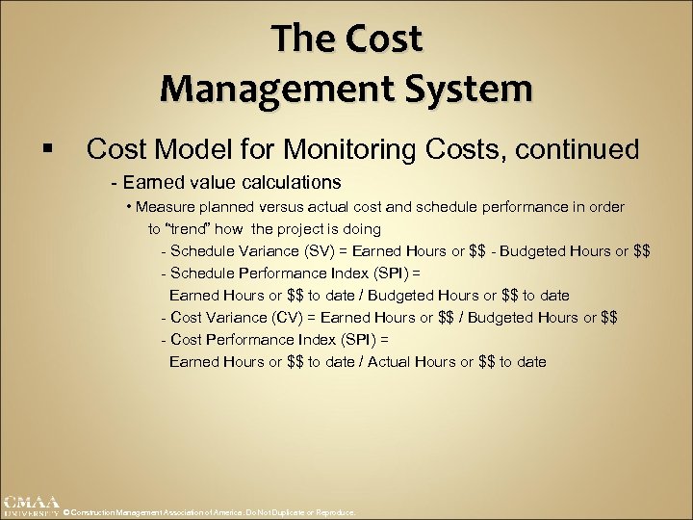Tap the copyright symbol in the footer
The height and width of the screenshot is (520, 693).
click(66, 513)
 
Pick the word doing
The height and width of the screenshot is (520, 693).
click(361, 229)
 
